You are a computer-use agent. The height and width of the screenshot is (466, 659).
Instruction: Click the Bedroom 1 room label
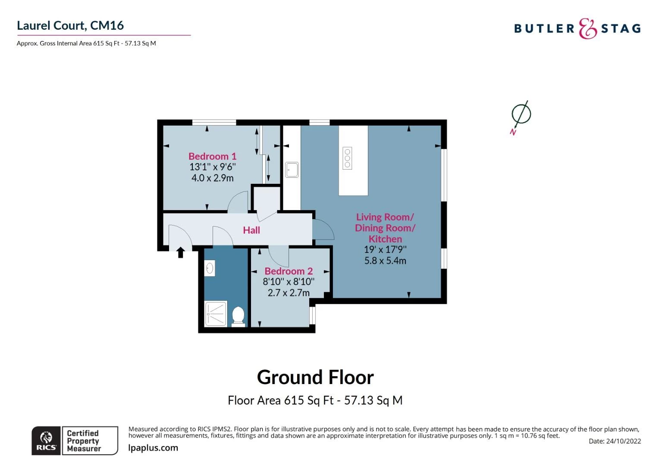(212, 156)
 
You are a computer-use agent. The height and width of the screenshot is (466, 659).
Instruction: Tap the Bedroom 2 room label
(289, 271)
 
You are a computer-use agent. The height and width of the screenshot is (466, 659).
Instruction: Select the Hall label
(251, 230)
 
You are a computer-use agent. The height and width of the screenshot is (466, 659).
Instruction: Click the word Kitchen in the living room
(385, 239)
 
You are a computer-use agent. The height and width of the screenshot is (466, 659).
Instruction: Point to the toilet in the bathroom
(238, 315)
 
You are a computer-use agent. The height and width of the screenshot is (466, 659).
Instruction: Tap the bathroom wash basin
(210, 268)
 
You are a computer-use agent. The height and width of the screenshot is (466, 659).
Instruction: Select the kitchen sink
(292, 170)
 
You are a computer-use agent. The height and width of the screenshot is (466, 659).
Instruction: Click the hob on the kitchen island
(347, 158)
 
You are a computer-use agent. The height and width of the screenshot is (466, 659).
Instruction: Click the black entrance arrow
(181, 252)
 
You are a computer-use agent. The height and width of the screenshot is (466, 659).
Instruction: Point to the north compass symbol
(521, 115)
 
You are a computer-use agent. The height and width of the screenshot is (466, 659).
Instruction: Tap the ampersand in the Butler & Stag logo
(587, 29)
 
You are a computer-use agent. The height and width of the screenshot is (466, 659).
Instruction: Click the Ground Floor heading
(315, 377)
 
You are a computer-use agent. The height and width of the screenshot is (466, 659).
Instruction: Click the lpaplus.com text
(153, 448)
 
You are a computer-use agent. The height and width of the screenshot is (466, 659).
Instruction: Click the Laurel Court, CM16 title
(70, 25)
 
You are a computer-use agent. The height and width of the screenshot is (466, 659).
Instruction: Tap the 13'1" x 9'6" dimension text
(213, 167)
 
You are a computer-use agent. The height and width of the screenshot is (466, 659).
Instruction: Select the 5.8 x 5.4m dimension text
(385, 261)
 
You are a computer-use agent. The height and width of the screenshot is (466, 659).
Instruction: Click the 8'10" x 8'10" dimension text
(289, 282)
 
